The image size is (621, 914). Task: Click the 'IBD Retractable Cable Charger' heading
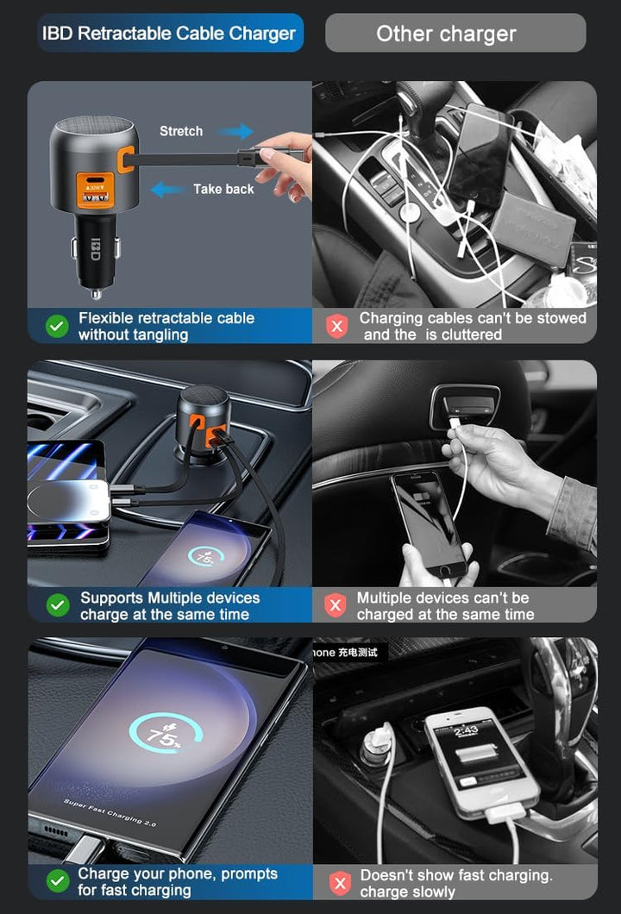pyautogui.click(x=169, y=34)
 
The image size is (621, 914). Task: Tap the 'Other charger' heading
pyautogui.click(x=446, y=34)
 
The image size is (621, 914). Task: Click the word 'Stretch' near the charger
pyautogui.click(x=181, y=131)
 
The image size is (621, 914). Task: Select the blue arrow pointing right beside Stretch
pyautogui.click(x=235, y=131)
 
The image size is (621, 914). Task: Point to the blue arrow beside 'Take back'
pyautogui.click(x=168, y=189)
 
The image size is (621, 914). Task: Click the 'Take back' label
pyautogui.click(x=223, y=189)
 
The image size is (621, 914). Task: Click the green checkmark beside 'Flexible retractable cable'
pyautogui.click(x=57, y=326)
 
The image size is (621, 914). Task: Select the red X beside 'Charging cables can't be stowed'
pyautogui.click(x=336, y=326)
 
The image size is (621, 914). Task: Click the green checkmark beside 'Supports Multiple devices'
pyautogui.click(x=57, y=605)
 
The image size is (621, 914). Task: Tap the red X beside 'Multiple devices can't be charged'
pyautogui.click(x=336, y=605)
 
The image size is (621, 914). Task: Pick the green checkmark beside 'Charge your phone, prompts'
pyautogui.click(x=57, y=881)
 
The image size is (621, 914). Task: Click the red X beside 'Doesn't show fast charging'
pyautogui.click(x=340, y=882)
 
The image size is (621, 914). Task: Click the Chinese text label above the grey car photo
pyautogui.click(x=347, y=652)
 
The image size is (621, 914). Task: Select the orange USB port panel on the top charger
pyautogui.click(x=94, y=187)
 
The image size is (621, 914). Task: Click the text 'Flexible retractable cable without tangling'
pyautogui.click(x=166, y=326)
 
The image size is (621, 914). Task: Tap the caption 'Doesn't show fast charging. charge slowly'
pyautogui.click(x=455, y=882)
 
